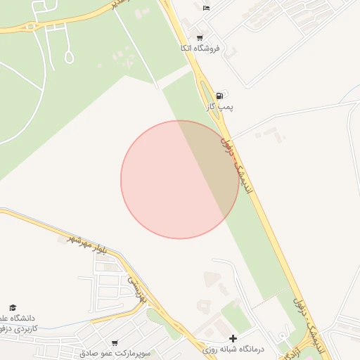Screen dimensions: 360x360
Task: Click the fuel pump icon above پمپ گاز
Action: [220, 96]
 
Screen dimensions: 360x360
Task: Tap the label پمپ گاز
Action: [219, 106]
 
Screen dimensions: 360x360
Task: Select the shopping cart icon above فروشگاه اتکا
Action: [200, 38]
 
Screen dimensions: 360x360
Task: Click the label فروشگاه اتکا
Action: [200, 49]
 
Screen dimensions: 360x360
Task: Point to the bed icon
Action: [206, 8]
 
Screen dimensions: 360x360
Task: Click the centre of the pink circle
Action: [179, 179]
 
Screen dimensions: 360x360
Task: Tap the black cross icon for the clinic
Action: [233, 338]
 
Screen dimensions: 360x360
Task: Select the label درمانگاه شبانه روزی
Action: [233, 349]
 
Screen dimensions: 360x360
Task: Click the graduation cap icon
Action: [12, 307]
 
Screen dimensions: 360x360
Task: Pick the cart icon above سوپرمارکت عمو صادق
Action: [115, 342]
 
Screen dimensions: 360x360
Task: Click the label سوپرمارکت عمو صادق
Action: [115, 353]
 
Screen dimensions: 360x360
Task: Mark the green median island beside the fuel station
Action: [208, 98]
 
